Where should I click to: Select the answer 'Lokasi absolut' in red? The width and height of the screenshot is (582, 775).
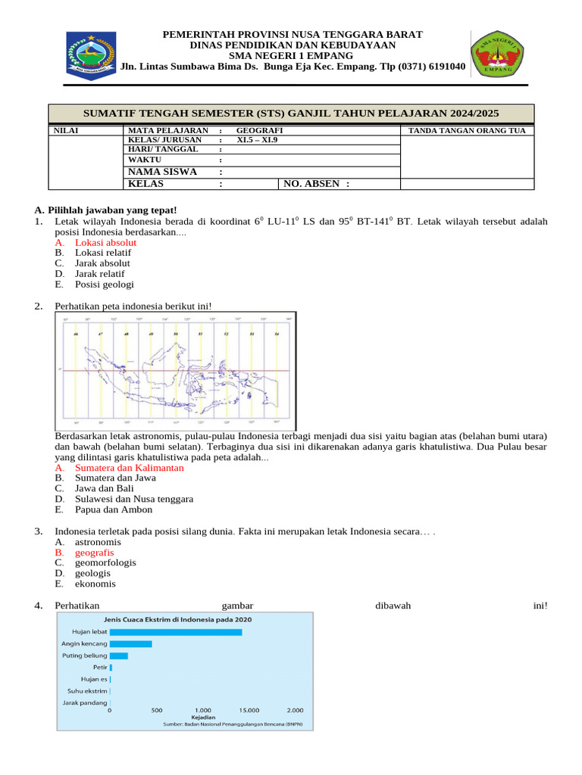click(x=105, y=242)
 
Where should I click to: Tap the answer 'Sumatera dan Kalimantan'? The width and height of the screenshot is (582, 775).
click(x=129, y=468)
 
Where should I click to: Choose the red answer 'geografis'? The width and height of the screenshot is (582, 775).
click(x=94, y=552)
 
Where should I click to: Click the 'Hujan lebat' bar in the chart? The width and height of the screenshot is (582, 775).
click(x=176, y=632)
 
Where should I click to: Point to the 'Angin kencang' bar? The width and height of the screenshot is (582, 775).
click(x=131, y=644)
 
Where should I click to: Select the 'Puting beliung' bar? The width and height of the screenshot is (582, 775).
click(x=119, y=655)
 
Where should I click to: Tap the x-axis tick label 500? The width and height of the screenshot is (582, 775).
click(x=157, y=710)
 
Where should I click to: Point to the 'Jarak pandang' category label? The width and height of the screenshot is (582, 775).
click(x=84, y=702)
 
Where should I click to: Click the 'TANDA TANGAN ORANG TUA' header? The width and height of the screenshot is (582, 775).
click(x=466, y=131)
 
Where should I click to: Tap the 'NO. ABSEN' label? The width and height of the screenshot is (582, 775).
click(x=316, y=183)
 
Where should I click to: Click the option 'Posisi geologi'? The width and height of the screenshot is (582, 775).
click(x=104, y=285)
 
